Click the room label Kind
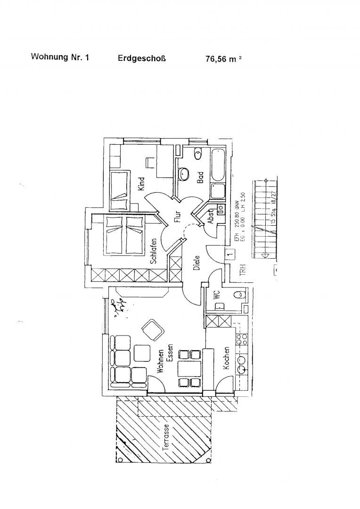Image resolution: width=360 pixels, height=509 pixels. click(141, 183)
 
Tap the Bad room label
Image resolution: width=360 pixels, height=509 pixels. click(200, 178)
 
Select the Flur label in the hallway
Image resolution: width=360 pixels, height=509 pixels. click(178, 215)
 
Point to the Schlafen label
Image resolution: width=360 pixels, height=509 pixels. click(154, 254)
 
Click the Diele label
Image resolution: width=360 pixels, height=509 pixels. click(197, 263)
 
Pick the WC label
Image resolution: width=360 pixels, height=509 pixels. click(217, 295)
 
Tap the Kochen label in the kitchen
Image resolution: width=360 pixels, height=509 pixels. click(227, 358)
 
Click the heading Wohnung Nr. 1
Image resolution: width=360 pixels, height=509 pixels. click(60, 57)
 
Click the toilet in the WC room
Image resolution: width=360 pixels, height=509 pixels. click(239, 295)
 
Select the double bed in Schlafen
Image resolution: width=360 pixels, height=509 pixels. click(124, 234)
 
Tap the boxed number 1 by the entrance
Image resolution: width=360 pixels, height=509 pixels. click(229, 255)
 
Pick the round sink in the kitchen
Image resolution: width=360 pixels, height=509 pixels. click(241, 361)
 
